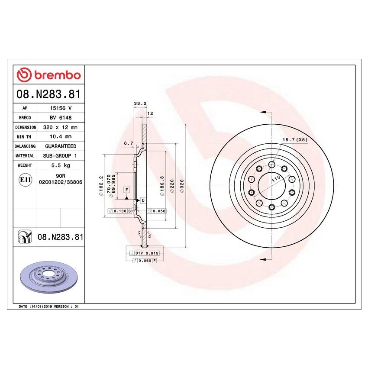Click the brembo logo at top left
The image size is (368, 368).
point(48,75)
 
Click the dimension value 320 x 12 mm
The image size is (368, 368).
point(61,127)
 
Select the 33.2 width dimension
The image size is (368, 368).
point(139,103)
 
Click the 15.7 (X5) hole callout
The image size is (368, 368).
point(295,139)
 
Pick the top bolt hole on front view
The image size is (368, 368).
point(271,165)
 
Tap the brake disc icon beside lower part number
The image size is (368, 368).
point(25,237)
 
